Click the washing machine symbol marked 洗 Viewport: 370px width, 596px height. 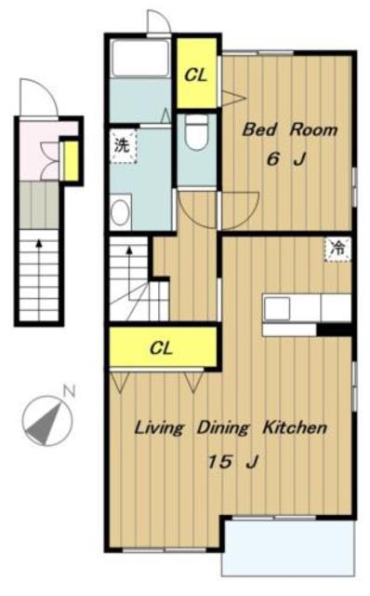[123, 146]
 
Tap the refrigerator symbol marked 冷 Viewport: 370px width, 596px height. [337, 250]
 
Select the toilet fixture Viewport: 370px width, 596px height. [196, 131]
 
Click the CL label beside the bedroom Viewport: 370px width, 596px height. [196, 75]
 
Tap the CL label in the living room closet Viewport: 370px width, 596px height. [161, 347]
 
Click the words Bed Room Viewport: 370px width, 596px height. [290, 130]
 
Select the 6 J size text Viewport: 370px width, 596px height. [285, 159]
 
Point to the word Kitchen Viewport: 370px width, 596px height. [295, 428]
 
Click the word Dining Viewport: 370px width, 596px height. [223, 428]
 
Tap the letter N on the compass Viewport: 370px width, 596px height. [69, 391]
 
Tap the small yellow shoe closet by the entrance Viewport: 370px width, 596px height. [71, 160]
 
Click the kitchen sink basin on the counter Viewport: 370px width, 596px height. [277, 308]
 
